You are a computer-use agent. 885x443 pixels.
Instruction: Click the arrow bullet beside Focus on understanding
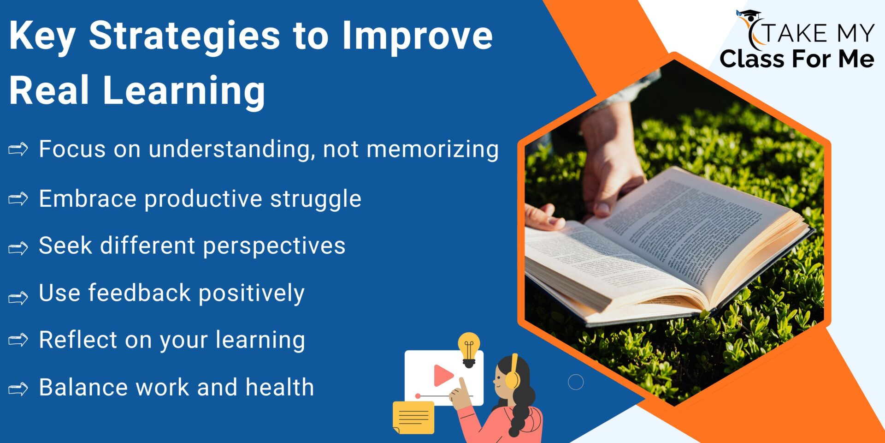pos(18,149)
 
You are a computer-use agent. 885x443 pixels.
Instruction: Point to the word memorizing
pos(432,150)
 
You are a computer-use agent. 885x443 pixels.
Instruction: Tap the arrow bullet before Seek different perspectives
pos(18,248)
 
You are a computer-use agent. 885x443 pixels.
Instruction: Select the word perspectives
pos(274,246)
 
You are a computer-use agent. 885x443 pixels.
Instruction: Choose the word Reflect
pos(78,340)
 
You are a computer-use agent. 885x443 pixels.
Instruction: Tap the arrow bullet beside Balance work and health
pos(18,389)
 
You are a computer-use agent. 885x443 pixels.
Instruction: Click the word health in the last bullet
pos(279,387)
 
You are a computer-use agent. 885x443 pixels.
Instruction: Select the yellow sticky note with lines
pos(413,418)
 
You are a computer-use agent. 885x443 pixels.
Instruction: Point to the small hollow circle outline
pos(576,382)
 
